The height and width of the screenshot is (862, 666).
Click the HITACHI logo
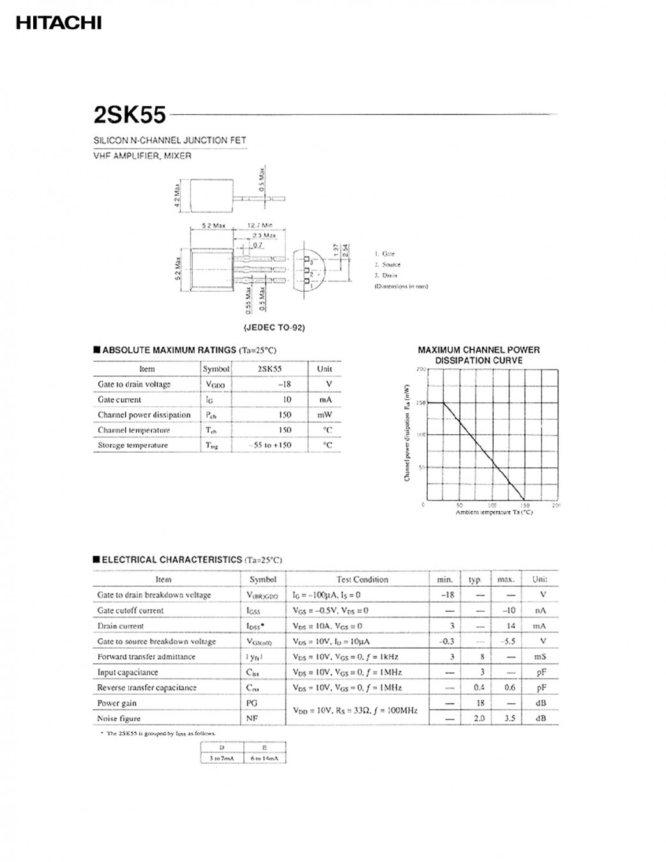58,23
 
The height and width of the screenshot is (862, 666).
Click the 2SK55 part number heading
130,115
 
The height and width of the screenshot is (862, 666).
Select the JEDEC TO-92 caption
274,328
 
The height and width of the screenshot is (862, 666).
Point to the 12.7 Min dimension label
260,225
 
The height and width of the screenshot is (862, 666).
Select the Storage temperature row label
133,446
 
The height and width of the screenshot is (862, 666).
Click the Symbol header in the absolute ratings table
216,369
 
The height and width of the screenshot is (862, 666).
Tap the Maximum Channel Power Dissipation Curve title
478,355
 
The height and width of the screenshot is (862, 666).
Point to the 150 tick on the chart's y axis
420,403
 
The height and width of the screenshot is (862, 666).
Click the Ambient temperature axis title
494,512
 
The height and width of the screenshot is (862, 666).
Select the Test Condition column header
362,580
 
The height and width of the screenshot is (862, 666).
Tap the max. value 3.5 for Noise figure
509,718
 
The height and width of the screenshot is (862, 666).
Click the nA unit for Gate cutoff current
540,610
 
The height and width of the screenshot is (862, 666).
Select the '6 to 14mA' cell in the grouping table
264,758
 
